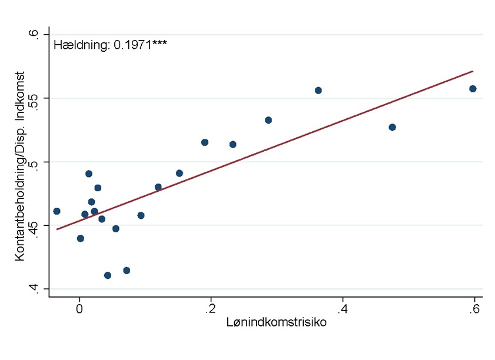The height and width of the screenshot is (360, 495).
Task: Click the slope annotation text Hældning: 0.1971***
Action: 110,44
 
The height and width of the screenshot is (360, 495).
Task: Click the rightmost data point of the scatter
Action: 473,89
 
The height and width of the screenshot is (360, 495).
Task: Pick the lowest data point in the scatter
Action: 108,275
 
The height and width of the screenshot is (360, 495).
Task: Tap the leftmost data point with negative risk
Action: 57,211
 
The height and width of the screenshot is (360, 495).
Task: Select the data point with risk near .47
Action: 393,127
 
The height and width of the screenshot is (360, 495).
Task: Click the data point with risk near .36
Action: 318,91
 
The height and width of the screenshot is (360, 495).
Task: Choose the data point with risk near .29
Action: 268,120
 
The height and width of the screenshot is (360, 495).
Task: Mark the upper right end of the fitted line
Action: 473,71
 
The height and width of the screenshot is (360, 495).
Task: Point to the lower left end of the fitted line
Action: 57,229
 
